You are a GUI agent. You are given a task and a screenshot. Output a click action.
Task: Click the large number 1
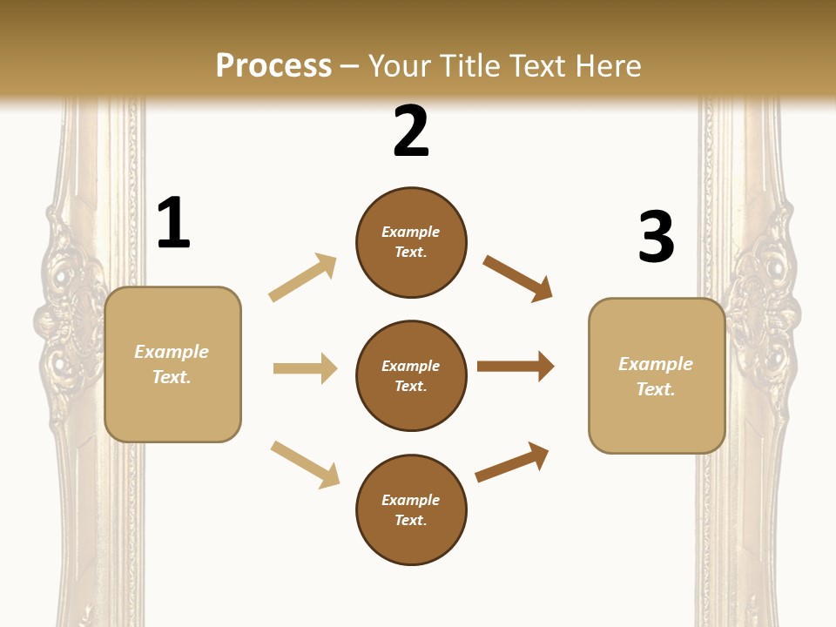pos(173,224)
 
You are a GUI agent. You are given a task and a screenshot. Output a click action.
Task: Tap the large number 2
pos(411,131)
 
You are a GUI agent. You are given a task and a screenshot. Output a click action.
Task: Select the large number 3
pos(656,237)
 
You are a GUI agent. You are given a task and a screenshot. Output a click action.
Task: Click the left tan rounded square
pos(172,364)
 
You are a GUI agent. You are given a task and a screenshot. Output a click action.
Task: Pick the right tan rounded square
pos(657,376)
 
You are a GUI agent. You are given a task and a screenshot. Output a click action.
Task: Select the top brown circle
pos(411,242)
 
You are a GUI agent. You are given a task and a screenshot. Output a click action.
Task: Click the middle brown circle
pos(411,375)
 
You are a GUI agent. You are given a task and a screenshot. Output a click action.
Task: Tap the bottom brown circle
pos(411,509)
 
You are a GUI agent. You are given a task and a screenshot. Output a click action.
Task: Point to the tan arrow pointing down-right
pos(305,463)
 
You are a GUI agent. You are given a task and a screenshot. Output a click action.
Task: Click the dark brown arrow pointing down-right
pos(517,278)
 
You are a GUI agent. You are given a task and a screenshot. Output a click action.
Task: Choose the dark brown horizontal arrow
pos(515,366)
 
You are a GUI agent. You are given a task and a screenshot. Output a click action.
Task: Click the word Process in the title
pos(273,65)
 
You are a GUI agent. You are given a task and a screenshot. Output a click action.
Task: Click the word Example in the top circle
pos(411,232)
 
